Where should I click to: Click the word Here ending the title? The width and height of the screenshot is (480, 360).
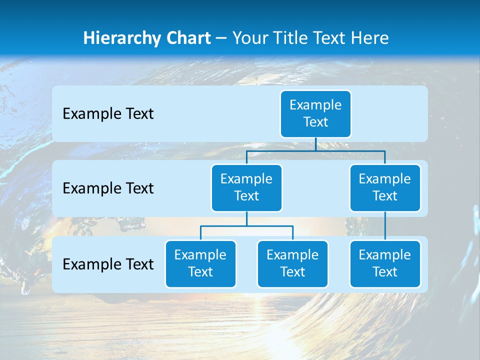tap(369, 38)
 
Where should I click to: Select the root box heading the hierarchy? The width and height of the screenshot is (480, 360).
tap(315, 113)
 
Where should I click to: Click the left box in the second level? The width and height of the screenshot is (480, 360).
tap(246, 187)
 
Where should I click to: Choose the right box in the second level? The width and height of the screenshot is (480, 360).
tap(385, 187)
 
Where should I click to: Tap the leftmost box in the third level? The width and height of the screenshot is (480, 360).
tap(200, 263)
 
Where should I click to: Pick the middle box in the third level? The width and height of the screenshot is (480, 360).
tap(292, 263)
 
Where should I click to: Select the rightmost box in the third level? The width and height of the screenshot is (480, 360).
tap(385, 263)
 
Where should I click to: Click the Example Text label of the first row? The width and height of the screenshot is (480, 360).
tap(108, 113)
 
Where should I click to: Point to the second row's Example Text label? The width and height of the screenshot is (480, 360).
tap(108, 188)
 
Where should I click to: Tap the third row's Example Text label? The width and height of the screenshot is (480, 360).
tap(108, 264)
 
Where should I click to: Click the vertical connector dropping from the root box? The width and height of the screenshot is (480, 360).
tap(315, 144)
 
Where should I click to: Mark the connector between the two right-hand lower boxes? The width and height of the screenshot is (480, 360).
tap(385, 226)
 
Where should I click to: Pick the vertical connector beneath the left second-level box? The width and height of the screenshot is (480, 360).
tap(246, 218)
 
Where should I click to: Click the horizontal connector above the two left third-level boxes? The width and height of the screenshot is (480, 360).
tap(246, 226)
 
